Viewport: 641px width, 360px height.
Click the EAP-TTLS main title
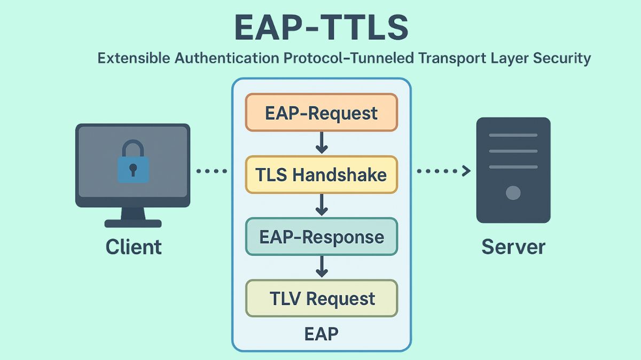coord(321,28)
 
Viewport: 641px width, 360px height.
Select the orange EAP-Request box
coord(321,113)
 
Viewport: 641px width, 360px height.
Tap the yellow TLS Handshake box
coord(321,175)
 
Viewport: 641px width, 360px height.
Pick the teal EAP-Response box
coord(321,237)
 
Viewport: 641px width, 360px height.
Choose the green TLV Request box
coord(321,298)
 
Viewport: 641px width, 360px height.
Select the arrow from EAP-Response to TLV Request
coord(321,267)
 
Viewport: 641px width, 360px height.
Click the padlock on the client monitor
coord(132,162)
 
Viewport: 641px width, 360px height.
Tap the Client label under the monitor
coord(133,247)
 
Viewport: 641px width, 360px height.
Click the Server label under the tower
coord(513,247)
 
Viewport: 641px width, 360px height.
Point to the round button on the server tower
coord(513,192)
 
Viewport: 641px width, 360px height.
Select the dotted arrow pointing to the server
coord(443,171)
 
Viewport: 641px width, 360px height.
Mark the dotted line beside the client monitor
coord(212,171)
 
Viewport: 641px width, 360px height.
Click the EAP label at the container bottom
coord(321,334)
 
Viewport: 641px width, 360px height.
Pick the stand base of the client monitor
coord(133,223)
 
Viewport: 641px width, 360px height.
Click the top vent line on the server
coord(513,136)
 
